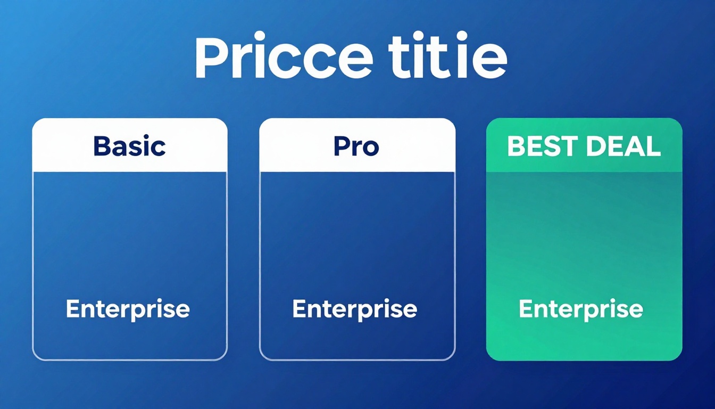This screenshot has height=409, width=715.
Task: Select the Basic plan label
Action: click(x=129, y=146)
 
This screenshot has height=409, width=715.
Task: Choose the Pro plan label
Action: click(x=356, y=146)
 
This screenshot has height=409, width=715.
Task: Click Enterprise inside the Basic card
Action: click(x=128, y=309)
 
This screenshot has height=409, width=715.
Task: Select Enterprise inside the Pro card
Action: click(x=354, y=309)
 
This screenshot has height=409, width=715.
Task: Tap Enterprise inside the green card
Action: click(x=581, y=309)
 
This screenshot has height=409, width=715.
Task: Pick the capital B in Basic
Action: click(x=102, y=146)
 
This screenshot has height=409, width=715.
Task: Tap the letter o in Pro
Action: click(x=371, y=149)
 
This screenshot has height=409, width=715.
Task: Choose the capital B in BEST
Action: click(x=516, y=146)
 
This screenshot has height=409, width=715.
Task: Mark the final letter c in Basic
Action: click(x=159, y=149)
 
